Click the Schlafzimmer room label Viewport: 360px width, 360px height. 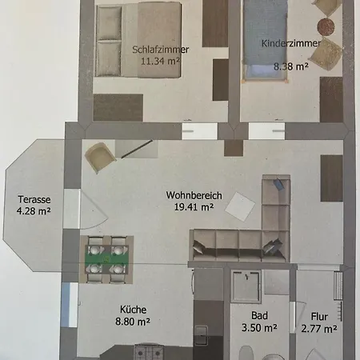tap(161, 50)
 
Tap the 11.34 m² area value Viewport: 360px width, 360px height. tap(160, 61)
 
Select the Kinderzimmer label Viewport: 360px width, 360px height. tap(291, 43)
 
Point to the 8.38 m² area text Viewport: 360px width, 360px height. tap(291, 66)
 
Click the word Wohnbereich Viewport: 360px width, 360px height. tap(194, 195)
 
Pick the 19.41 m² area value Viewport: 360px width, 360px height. tap(194, 206)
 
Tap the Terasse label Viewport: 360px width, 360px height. tap(34, 199)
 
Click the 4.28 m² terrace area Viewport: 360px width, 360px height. tap(34, 211)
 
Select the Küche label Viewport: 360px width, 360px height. tap(133, 310)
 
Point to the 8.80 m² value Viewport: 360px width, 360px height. tap(133, 322)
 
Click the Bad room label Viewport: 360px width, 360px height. tap(259, 316)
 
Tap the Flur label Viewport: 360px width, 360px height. tap(319, 317)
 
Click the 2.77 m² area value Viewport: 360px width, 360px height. tap(319, 329)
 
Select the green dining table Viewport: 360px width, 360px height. tap(107, 258)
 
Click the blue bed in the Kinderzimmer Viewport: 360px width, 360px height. tap(266, 40)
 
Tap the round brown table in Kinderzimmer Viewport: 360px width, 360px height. tap(326, 26)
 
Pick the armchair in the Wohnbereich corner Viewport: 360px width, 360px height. tap(100, 158)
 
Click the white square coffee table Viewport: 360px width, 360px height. tap(240, 206)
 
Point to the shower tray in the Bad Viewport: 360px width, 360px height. tap(246, 286)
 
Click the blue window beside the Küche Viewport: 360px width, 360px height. tap(66, 305)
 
